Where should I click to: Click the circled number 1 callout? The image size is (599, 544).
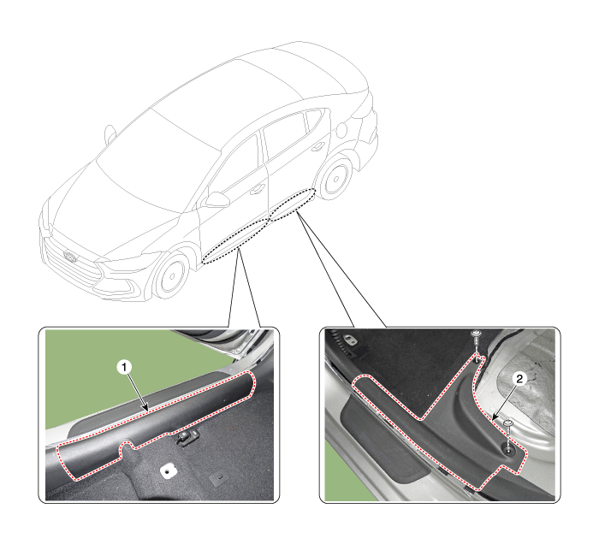pyautogui.click(x=124, y=368)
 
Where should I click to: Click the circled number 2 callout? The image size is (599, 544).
pyautogui.click(x=519, y=379)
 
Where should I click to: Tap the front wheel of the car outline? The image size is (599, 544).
pyautogui.click(x=171, y=275)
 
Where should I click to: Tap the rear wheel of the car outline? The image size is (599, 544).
pyautogui.click(x=335, y=179)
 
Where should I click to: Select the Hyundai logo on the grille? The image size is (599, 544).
pyautogui.click(x=70, y=256)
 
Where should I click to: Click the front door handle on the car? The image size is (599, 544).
pyautogui.click(x=258, y=188)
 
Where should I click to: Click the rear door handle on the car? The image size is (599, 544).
pyautogui.click(x=318, y=146)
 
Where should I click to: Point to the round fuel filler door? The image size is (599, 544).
pyautogui.click(x=341, y=131)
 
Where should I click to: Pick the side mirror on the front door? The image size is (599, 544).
pyautogui.click(x=216, y=199)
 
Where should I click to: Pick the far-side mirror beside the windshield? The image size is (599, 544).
pyautogui.click(x=110, y=133)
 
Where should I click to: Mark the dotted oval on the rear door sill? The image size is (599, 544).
pyautogui.click(x=293, y=204)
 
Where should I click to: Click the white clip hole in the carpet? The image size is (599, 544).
pyautogui.click(x=168, y=471)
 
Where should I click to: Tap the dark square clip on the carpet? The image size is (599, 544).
pyautogui.click(x=219, y=479)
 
